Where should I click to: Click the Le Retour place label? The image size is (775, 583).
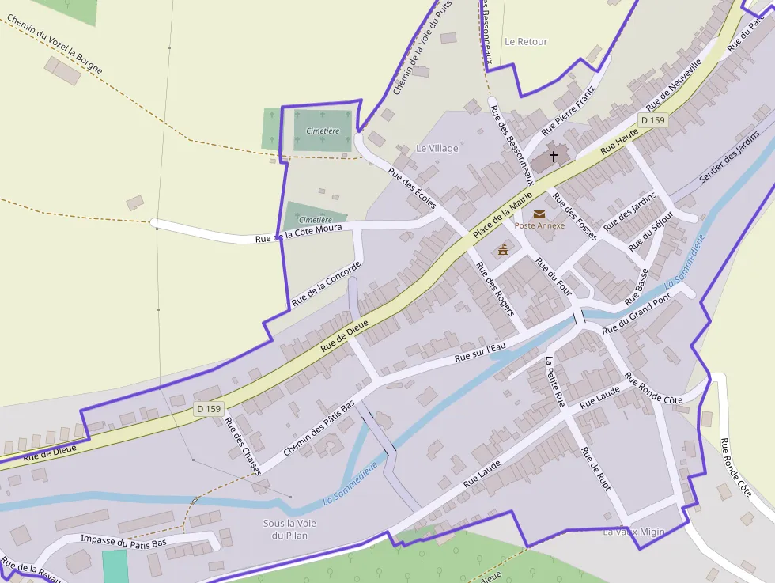526,41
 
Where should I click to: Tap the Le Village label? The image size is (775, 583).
437,148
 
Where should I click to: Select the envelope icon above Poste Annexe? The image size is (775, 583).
539,214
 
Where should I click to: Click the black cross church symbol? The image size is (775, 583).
554,157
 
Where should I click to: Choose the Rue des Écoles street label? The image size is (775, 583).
412,188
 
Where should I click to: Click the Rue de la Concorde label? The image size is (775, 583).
326,283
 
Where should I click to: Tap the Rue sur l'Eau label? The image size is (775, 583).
485,349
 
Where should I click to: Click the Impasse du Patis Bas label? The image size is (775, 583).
124,542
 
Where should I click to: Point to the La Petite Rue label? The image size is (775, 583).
555,381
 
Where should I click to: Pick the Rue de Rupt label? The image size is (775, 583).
595,469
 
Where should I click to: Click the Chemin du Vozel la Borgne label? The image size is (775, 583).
55,44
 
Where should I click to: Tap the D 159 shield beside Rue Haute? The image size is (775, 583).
653,120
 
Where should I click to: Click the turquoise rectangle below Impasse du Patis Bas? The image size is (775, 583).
115,566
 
